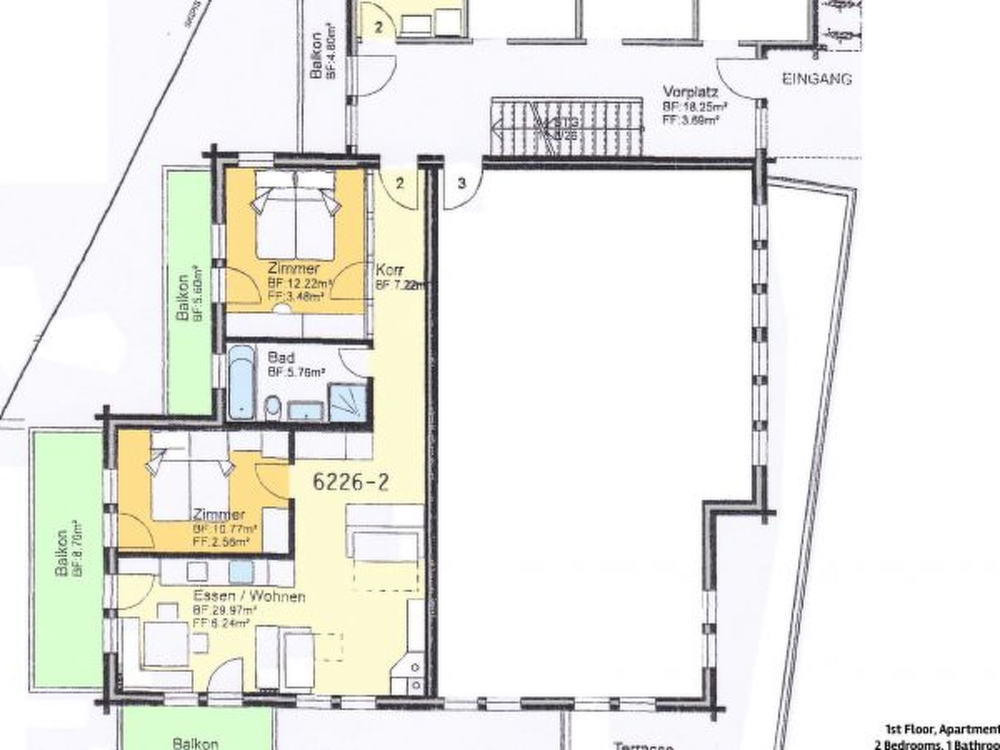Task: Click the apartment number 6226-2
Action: click(x=351, y=482)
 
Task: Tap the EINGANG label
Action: click(x=817, y=79)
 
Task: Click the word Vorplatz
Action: click(x=689, y=91)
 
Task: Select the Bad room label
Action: click(x=281, y=358)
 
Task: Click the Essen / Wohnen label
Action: click(x=250, y=596)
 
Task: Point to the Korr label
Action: click(x=389, y=270)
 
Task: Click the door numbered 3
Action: click(x=462, y=185)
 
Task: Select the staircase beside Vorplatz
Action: click(x=566, y=126)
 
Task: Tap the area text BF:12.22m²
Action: click(x=300, y=283)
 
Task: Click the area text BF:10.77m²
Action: click(x=225, y=529)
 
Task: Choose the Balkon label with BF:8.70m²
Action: click(x=62, y=554)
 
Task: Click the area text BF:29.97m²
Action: click(x=225, y=610)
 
